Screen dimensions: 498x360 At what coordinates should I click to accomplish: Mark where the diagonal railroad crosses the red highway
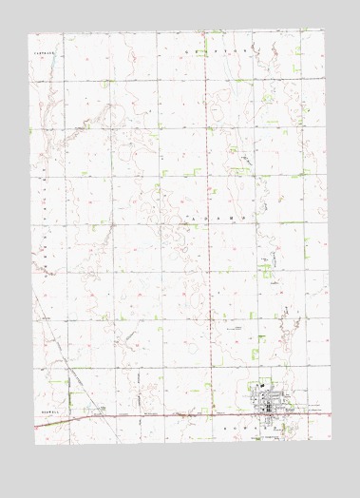pos(92,416)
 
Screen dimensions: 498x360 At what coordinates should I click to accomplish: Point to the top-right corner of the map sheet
pos(324,30)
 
